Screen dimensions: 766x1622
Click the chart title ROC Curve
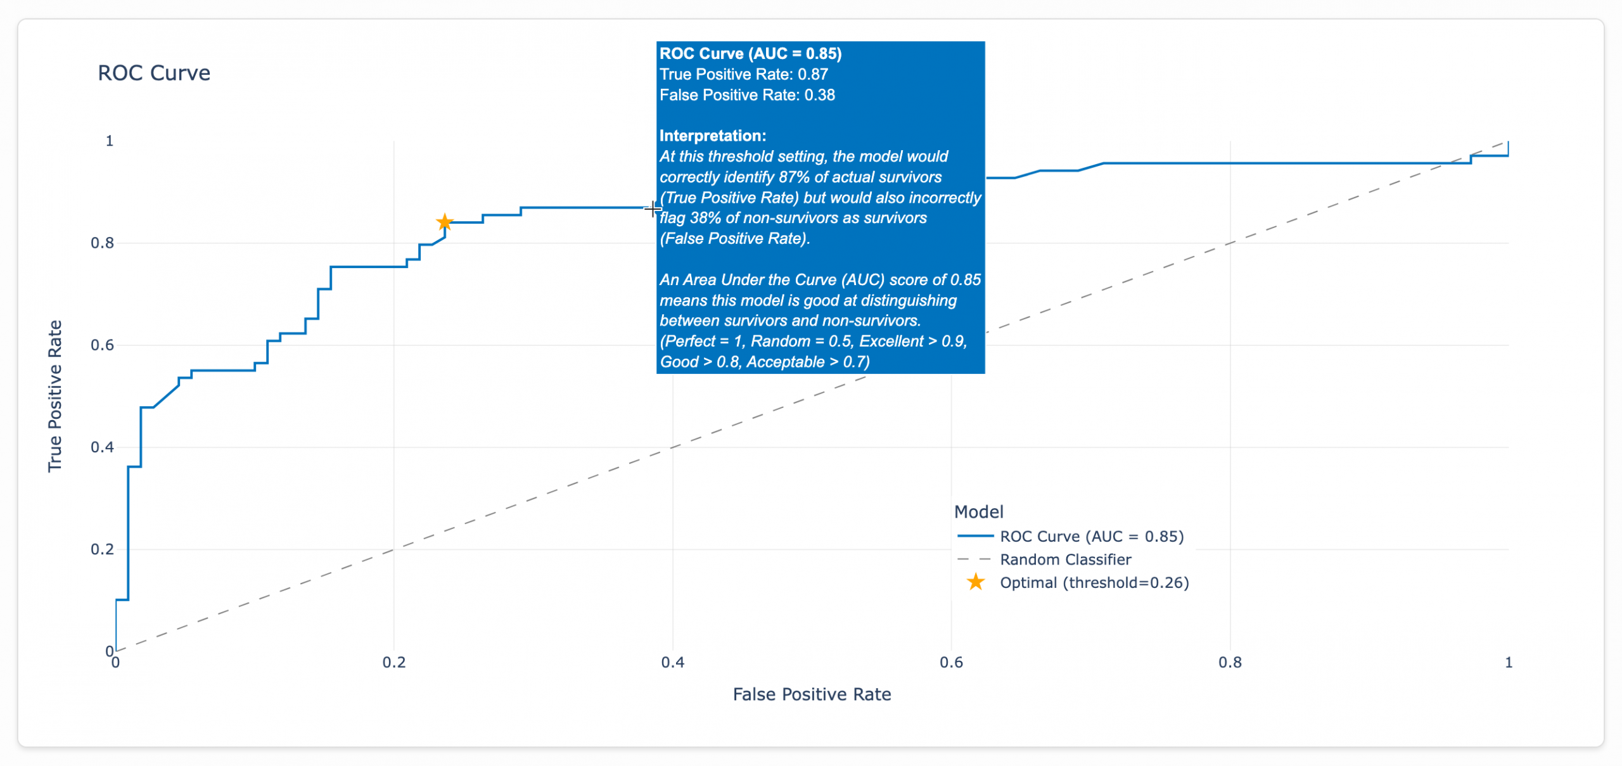tap(153, 73)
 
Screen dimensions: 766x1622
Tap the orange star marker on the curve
tap(445, 222)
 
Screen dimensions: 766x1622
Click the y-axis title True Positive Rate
tap(55, 396)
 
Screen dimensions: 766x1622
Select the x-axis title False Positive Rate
tap(812, 694)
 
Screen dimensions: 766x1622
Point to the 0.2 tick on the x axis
tap(393, 663)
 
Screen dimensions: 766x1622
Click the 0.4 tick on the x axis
tap(672, 663)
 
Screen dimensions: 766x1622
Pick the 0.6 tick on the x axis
tap(951, 663)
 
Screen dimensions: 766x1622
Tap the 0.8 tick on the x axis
tap(1230, 663)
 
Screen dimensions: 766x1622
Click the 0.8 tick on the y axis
tap(102, 243)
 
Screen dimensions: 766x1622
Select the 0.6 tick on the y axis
tap(102, 345)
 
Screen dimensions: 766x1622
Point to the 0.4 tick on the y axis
tap(102, 447)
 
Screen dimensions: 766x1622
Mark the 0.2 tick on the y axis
tap(102, 549)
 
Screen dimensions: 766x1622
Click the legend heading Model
tap(978, 512)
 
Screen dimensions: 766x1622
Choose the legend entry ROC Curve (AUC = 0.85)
tap(1091, 537)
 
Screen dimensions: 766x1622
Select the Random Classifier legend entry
tap(1065, 559)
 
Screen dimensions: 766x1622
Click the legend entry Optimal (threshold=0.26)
tap(1094, 583)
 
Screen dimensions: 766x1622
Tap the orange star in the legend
tap(976, 582)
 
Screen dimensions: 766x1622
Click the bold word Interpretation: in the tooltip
tap(713, 136)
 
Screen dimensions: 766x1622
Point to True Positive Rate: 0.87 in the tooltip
tap(744, 74)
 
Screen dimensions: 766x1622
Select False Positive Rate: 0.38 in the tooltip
tap(747, 95)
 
